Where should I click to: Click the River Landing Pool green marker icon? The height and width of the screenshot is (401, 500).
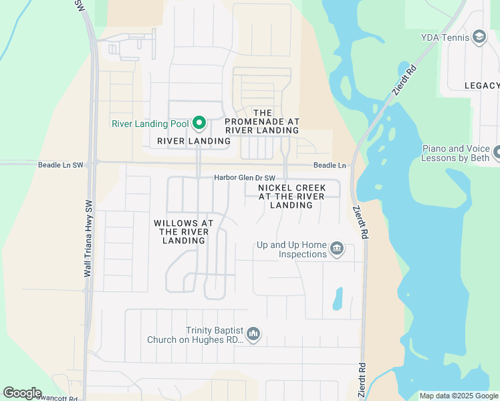click(199, 123)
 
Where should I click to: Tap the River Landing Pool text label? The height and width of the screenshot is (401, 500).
click(150, 124)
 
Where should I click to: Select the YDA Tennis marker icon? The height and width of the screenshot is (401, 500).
click(479, 37)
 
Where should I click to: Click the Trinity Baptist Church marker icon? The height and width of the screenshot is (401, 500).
click(253, 333)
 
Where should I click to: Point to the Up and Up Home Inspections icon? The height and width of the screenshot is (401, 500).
click(337, 250)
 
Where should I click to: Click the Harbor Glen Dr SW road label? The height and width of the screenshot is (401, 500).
click(245, 178)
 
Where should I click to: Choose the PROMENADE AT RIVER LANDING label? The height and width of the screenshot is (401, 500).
click(262, 122)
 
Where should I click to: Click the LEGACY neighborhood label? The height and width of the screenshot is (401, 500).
click(482, 86)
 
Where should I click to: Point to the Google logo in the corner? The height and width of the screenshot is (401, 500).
click(22, 393)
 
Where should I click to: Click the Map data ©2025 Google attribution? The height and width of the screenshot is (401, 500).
click(459, 396)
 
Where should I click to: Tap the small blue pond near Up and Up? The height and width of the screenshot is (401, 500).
click(338, 298)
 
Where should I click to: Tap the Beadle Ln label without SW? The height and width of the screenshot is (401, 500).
click(330, 166)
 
